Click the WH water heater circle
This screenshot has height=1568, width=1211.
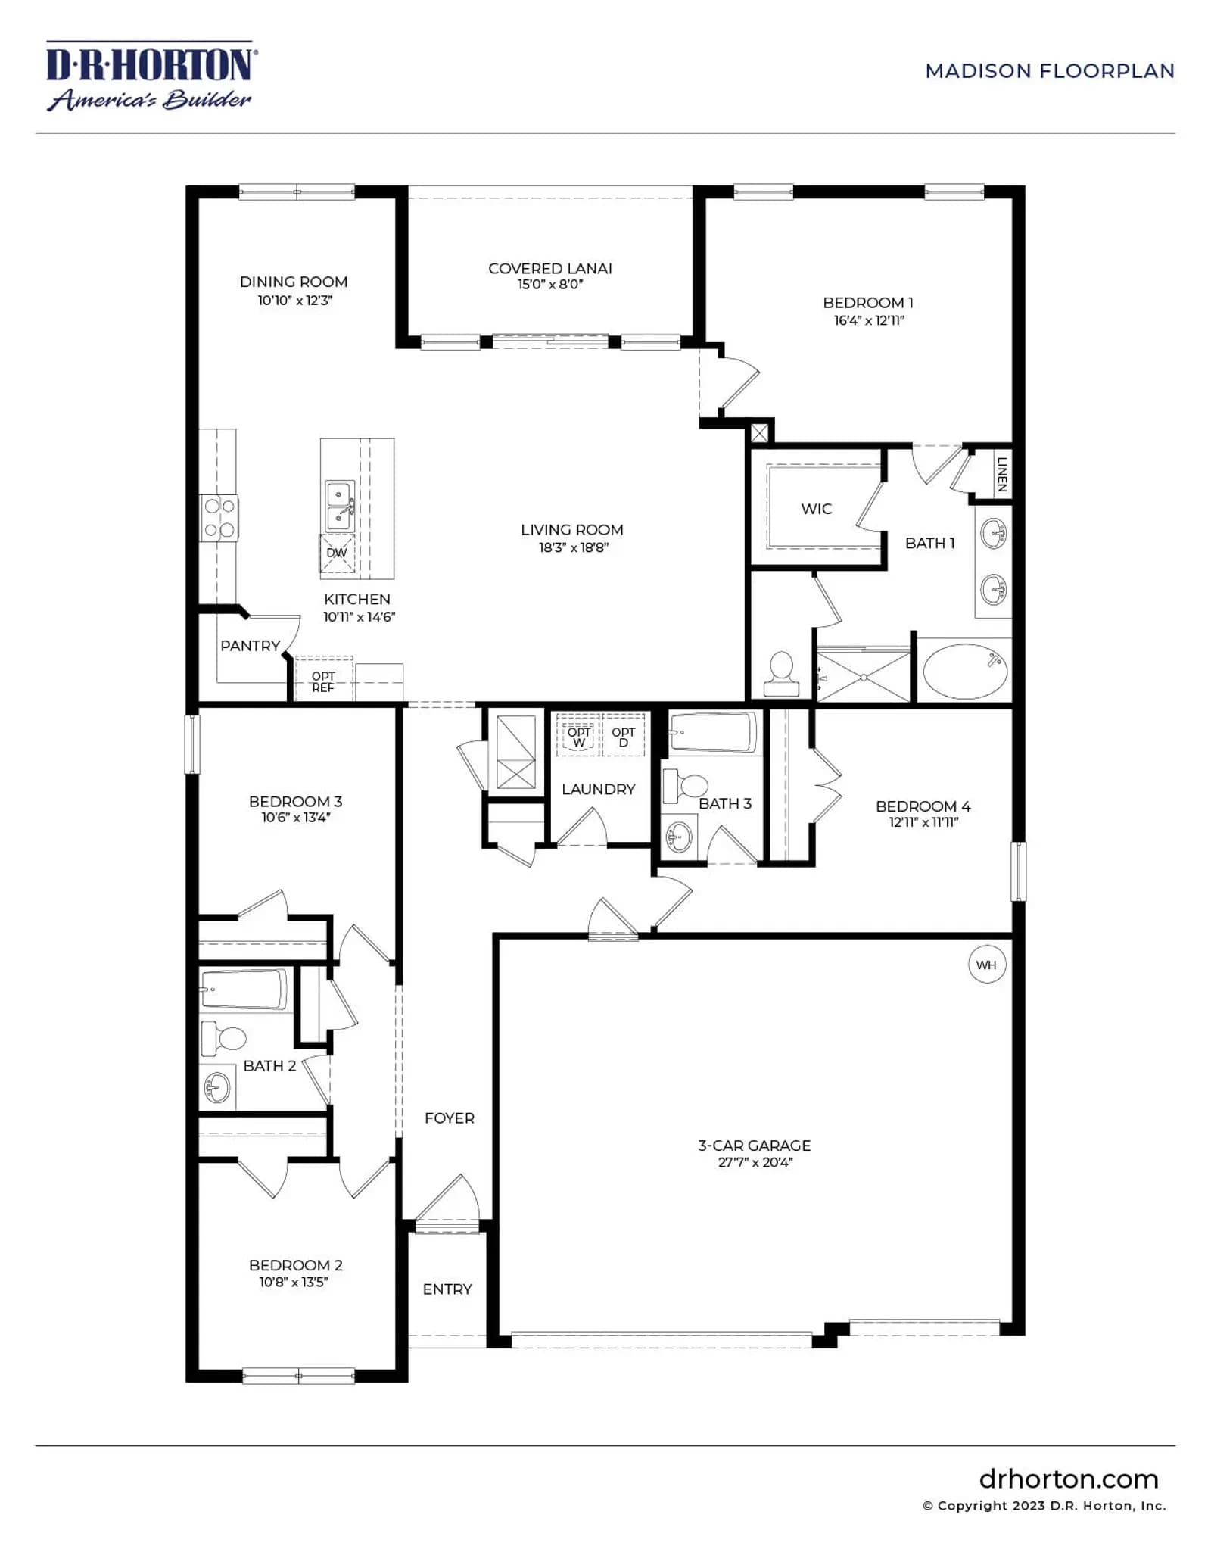986,965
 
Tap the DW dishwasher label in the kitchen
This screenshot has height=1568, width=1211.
337,553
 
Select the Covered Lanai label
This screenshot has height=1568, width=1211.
550,268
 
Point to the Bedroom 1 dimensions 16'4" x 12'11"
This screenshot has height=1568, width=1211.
869,320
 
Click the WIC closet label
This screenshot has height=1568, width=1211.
817,509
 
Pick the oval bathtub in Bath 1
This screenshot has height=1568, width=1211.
965,671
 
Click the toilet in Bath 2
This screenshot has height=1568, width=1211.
223,1039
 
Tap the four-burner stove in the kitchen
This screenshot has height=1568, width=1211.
219,518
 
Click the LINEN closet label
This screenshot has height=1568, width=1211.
1002,474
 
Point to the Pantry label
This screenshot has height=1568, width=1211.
251,646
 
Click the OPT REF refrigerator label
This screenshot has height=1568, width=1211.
323,681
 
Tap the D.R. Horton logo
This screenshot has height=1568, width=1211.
151,76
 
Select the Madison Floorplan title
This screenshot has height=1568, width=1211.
1050,71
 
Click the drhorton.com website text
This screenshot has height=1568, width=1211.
1069,1479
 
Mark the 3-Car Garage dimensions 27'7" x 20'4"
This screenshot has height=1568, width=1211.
755,1162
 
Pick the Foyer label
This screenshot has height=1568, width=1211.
450,1118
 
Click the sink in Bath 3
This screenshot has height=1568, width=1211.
679,837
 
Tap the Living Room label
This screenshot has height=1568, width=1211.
572,530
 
